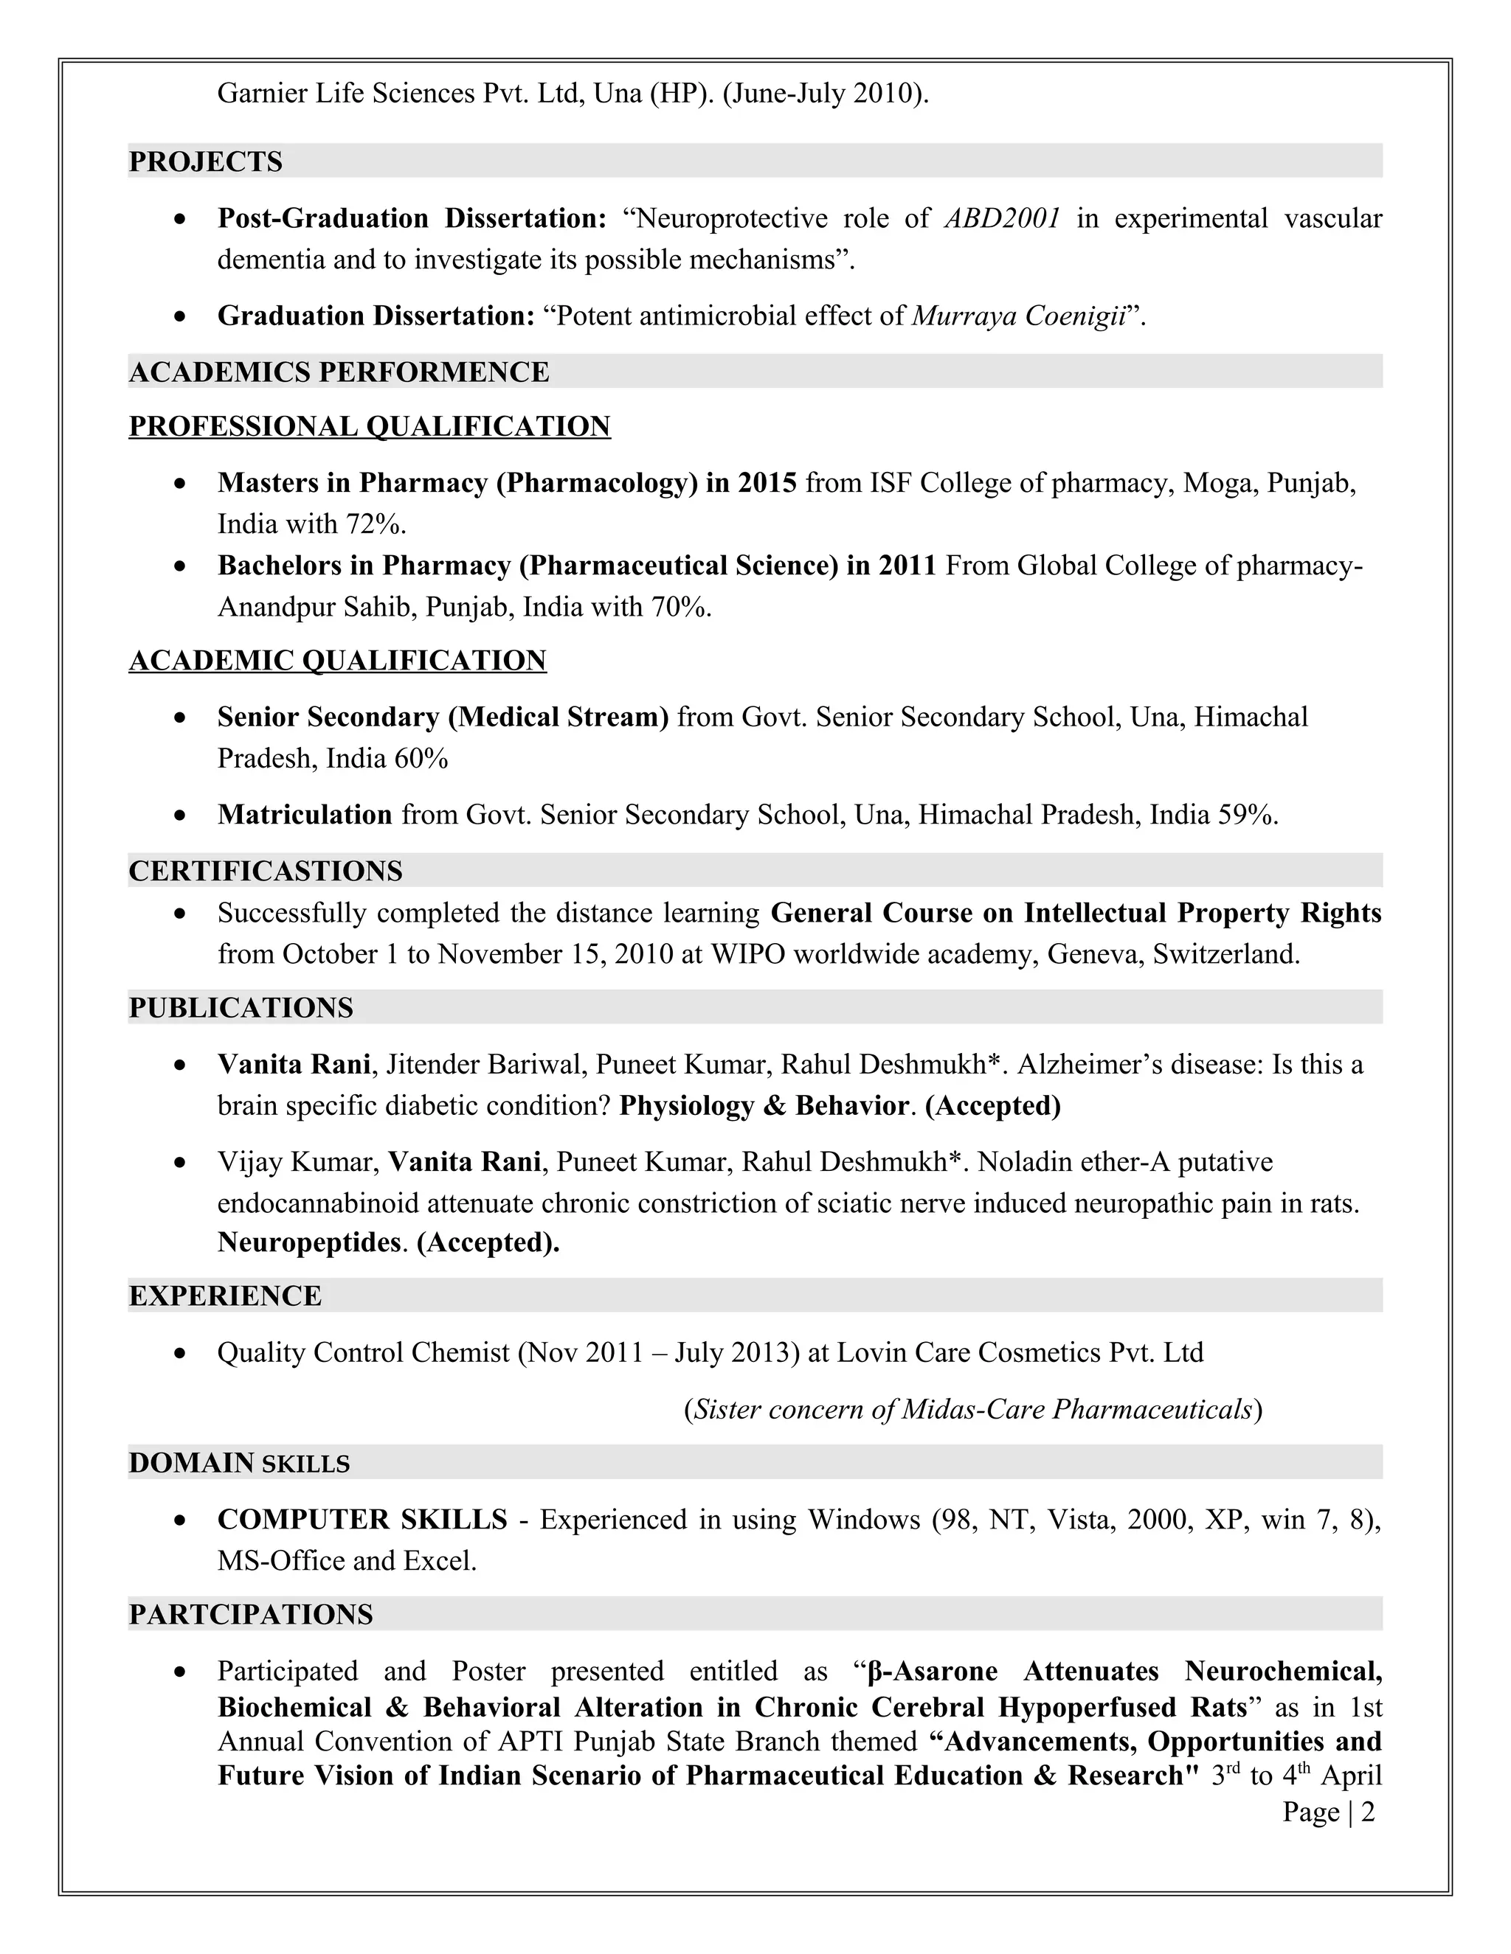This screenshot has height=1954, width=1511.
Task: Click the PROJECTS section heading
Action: (x=205, y=162)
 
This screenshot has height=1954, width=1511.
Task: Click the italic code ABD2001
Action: (x=1003, y=218)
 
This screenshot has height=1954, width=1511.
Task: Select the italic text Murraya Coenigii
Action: (x=1017, y=316)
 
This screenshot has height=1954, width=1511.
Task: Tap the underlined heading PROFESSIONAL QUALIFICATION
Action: (x=369, y=426)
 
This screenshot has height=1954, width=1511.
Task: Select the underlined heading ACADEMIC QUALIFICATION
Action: (x=337, y=660)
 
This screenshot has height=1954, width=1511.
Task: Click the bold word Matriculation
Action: (x=305, y=814)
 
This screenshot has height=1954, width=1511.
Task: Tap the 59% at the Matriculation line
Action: (x=1246, y=814)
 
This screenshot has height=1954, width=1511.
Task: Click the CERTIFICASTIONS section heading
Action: (x=265, y=871)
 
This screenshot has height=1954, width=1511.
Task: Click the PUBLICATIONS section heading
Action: (x=241, y=1007)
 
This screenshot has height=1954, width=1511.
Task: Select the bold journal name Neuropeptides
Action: (x=308, y=1242)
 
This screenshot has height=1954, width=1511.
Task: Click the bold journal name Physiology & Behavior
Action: (x=764, y=1105)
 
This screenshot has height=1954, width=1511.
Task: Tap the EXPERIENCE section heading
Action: (x=225, y=1296)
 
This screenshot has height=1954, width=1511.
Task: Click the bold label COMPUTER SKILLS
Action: (x=362, y=1519)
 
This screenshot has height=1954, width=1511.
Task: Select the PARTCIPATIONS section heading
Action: (x=251, y=1614)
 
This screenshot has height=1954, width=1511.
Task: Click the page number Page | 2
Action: (x=1327, y=1812)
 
